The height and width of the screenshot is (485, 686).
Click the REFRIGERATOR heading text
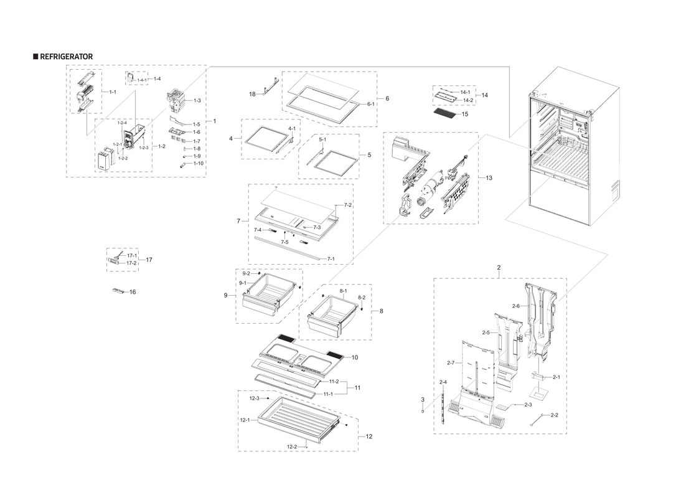[x=66, y=57]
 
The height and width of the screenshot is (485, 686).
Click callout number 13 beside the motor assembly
[x=489, y=178]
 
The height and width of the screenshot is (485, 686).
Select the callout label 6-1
[x=370, y=104]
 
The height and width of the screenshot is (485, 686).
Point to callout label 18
[x=252, y=94]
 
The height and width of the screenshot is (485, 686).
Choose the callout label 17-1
[x=131, y=256]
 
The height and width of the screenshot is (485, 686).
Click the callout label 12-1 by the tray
[x=245, y=420]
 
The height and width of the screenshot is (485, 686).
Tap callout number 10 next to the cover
[x=354, y=357]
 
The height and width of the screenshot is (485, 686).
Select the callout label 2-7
[x=451, y=362]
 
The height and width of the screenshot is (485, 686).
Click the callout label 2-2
[x=554, y=415]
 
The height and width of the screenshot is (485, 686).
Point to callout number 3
[x=422, y=399]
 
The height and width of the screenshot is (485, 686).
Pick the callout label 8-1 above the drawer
[x=343, y=291]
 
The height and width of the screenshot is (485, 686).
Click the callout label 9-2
[x=246, y=273]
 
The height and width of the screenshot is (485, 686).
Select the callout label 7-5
[x=284, y=242]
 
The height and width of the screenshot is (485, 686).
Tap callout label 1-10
[x=198, y=163]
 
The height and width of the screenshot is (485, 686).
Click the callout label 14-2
[x=468, y=100]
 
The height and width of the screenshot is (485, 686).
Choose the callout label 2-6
[x=515, y=306]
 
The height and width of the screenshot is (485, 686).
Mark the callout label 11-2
[x=334, y=381]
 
